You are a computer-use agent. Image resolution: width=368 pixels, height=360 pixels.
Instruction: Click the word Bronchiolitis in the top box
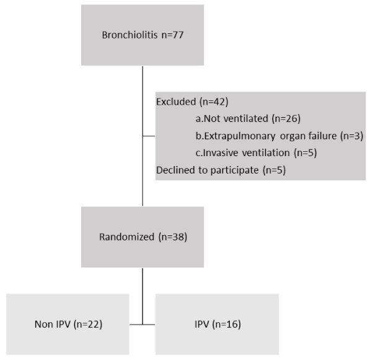click(129, 35)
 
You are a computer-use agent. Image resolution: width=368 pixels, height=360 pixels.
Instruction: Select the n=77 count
click(172, 35)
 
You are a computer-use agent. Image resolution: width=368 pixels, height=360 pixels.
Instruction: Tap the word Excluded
click(176, 102)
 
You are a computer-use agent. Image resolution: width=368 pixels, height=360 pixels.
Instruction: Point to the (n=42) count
click(214, 102)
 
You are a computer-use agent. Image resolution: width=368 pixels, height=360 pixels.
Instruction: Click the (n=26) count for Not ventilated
click(286, 118)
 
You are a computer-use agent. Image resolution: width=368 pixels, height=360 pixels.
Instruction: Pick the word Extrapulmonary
click(240, 136)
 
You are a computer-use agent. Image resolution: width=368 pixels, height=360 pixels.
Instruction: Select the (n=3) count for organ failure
click(352, 136)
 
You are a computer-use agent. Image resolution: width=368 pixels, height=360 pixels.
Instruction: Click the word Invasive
click(221, 153)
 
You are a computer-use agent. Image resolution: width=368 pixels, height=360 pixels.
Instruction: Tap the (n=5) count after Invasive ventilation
click(305, 153)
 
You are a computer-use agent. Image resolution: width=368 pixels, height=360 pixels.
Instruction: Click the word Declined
click(176, 170)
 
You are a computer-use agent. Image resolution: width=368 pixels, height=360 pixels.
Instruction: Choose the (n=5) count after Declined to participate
click(274, 170)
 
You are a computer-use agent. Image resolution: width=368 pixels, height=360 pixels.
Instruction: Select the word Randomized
click(127, 237)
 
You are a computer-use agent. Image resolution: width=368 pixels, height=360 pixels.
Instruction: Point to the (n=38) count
click(173, 237)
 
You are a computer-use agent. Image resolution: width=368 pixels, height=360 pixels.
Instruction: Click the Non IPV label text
click(53, 324)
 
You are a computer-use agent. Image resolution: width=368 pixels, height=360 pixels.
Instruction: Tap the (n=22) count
click(88, 324)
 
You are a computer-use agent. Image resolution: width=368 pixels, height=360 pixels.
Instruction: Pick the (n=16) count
click(227, 324)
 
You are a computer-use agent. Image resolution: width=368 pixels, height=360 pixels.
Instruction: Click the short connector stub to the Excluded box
click(149, 136)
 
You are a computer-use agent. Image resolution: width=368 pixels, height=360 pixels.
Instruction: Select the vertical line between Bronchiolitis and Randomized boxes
click(142, 136)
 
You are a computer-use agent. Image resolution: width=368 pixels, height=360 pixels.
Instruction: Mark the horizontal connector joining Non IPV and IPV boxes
click(142, 325)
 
